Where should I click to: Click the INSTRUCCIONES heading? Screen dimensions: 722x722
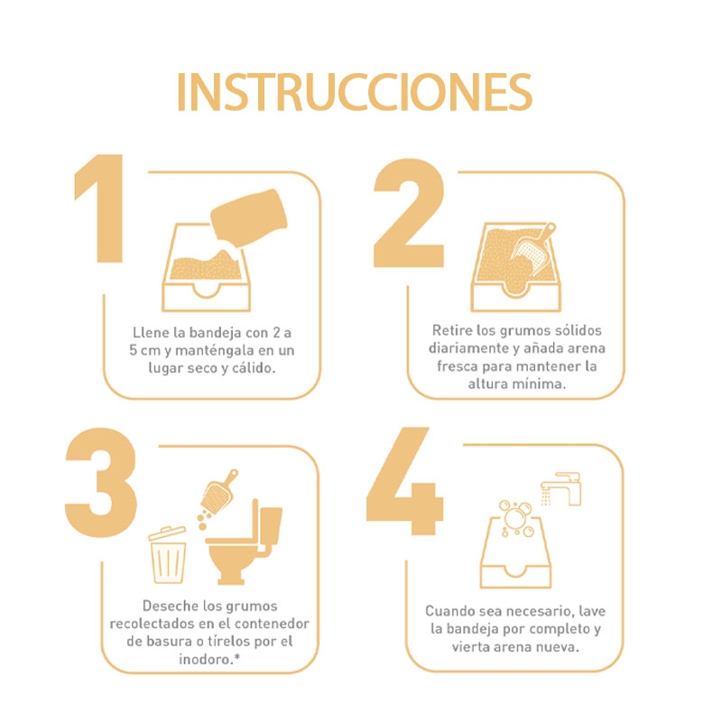(355, 92)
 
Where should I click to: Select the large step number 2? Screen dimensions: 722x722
(409, 213)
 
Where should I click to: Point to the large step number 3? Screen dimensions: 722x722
(101, 482)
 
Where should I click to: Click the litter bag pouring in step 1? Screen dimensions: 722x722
(249, 218)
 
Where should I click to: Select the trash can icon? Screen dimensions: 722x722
(168, 555)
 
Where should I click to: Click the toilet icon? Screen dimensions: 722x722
(244, 543)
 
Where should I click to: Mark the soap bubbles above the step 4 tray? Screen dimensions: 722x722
(515, 518)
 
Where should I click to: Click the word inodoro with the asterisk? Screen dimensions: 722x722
(209, 660)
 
